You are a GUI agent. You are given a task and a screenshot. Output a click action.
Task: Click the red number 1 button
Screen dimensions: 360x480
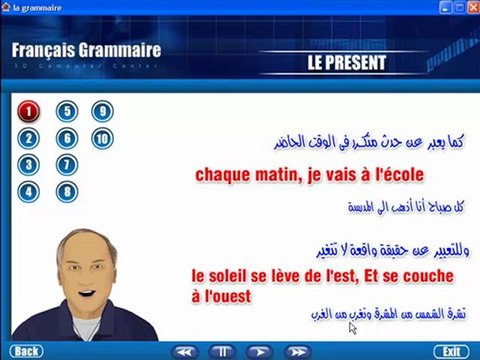[x=30, y=112]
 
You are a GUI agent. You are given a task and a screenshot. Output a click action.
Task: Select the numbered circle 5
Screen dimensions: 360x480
[x=66, y=112]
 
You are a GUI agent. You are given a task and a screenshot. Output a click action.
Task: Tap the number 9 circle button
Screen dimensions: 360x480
[x=101, y=112]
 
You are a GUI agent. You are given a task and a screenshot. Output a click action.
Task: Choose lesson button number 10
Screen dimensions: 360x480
[x=101, y=138]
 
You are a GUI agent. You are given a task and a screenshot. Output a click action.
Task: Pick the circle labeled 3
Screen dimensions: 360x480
[x=30, y=164]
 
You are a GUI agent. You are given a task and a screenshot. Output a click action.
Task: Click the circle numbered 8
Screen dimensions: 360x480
[x=66, y=190]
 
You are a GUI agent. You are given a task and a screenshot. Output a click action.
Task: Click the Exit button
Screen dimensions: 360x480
[x=451, y=351]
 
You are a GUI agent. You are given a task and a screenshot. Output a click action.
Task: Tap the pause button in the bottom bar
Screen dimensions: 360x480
[x=219, y=351]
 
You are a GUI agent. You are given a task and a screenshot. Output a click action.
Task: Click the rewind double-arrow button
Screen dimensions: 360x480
[x=183, y=351]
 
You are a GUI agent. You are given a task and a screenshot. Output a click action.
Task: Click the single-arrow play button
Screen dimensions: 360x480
[x=258, y=351]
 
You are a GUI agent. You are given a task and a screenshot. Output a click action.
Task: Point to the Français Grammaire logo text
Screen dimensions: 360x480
[x=86, y=50]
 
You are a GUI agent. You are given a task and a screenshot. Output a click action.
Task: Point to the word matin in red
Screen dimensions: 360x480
[x=276, y=176]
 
